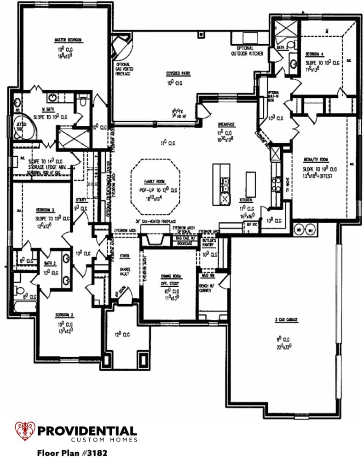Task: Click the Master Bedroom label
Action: click(x=68, y=40)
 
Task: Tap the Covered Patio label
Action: click(x=179, y=73)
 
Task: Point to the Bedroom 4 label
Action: click(x=317, y=54)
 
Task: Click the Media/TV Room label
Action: click(x=316, y=160)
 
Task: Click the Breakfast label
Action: click(x=226, y=124)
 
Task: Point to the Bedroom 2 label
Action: click(x=65, y=314)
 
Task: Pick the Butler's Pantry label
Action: click(x=208, y=243)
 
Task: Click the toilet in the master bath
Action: click(x=82, y=103)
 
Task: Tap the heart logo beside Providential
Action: click(x=24, y=431)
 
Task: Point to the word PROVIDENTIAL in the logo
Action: click(x=87, y=431)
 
